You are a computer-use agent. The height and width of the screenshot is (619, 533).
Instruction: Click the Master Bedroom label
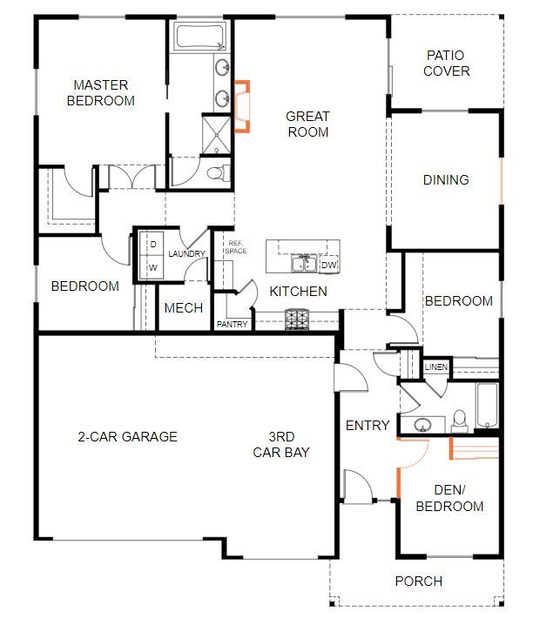tap(104, 92)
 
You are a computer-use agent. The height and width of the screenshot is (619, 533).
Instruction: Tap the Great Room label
tap(307, 124)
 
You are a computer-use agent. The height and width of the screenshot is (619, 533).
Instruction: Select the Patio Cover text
tap(446, 63)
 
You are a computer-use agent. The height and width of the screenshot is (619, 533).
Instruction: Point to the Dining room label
tap(446, 180)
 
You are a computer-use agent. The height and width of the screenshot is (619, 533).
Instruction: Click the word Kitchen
tap(298, 291)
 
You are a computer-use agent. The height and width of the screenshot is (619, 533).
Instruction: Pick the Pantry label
tap(232, 325)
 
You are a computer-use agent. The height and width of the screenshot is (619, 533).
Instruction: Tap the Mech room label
tap(183, 308)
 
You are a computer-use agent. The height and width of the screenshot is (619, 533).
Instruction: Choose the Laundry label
tap(186, 254)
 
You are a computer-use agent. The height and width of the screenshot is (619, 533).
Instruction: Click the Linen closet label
tap(435, 367)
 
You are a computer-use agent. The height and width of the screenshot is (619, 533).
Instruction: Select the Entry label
tap(367, 426)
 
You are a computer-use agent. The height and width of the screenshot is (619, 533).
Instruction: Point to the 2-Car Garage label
tap(127, 436)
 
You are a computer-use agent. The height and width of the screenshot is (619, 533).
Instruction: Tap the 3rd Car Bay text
tap(280, 445)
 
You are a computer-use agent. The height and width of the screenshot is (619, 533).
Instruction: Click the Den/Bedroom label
tap(449, 498)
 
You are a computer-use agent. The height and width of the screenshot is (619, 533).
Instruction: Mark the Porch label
tap(419, 581)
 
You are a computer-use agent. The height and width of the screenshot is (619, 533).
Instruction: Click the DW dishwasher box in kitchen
tap(328, 266)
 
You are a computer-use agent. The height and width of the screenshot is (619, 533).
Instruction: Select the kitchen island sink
tap(302, 264)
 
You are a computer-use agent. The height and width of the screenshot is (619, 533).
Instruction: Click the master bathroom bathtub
tap(200, 37)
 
